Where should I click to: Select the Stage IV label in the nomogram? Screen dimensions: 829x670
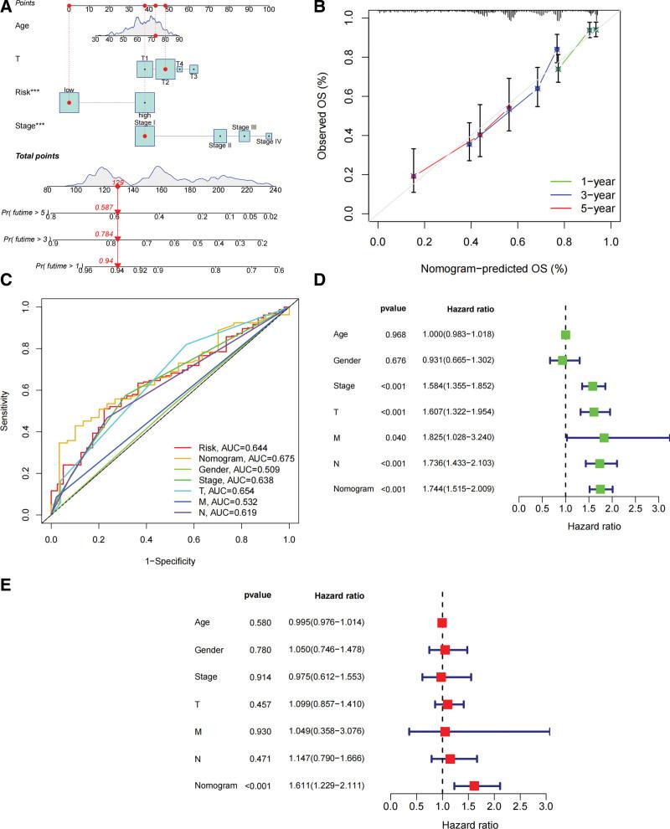click(x=269, y=142)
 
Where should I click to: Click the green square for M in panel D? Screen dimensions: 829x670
click(x=604, y=438)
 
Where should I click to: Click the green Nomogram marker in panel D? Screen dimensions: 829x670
click(x=600, y=489)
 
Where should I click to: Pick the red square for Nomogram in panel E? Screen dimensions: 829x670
click(x=475, y=786)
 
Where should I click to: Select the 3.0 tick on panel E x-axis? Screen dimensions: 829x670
click(x=547, y=806)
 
